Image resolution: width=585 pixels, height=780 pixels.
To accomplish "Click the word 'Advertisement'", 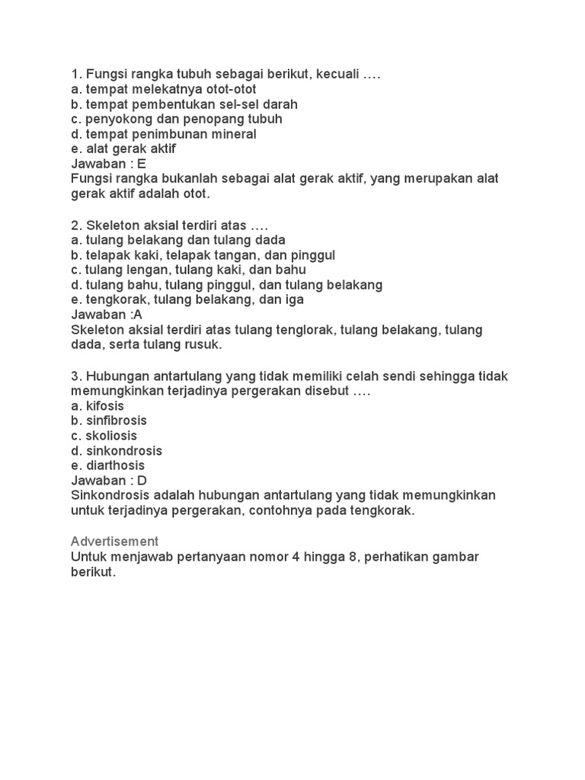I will coord(114,541).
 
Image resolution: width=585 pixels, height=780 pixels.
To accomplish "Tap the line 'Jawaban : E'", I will coord(107,164).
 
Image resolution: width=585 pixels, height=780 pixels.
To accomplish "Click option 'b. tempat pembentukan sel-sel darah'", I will coord(184,104).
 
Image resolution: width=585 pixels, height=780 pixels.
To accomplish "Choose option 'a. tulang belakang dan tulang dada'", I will coord(178,240).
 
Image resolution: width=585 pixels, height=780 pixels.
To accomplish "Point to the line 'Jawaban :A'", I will coord(106,315).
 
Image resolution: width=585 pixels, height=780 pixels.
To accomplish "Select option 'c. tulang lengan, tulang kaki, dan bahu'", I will coord(188,270).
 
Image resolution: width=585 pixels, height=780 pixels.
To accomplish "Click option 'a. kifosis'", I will coord(97,405).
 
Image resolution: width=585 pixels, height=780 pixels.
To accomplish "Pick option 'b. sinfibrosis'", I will coord(109,420).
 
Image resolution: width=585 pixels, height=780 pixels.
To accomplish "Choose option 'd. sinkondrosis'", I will coord(116,450).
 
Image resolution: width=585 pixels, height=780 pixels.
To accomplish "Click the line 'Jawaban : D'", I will coord(108,480).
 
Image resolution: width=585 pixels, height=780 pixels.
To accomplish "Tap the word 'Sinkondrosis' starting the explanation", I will coord(107,495).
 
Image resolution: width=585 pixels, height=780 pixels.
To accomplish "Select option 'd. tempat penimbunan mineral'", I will coord(163,134).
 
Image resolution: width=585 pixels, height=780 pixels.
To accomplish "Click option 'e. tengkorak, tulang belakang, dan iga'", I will coord(187,299).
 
